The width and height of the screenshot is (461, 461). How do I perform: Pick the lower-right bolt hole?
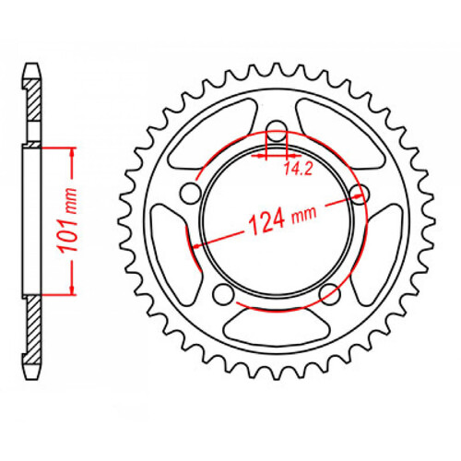(x=327, y=293)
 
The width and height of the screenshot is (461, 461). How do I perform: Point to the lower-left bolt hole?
(x=221, y=293)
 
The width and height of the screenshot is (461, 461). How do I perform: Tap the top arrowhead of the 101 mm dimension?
(x=69, y=150)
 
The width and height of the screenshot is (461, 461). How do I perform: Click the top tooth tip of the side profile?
(x=32, y=67)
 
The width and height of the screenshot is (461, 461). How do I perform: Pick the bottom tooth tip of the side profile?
(x=32, y=375)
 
